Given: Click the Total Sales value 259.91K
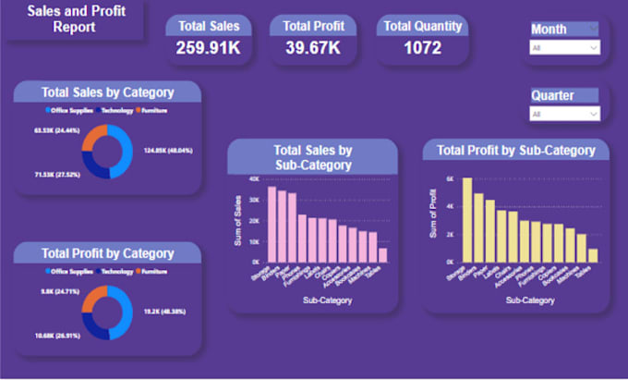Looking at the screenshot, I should coord(209,47).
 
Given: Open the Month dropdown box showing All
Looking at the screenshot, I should coord(564,46).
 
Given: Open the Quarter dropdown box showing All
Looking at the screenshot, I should coord(564,114).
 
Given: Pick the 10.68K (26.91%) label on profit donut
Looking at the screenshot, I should coord(54,333).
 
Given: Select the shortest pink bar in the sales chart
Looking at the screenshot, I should coord(382,255).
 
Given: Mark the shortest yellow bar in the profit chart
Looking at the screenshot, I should coord(593,255).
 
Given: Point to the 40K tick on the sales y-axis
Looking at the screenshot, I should coord(253,178).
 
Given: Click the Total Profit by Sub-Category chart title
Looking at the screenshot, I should coord(515,150).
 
